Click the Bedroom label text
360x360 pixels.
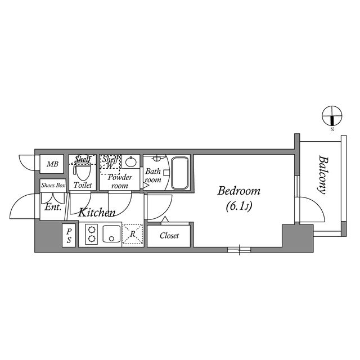point(239,191)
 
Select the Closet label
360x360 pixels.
point(169,236)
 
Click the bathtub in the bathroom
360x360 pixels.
point(180,173)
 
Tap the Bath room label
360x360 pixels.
point(152,175)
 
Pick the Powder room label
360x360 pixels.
point(120,181)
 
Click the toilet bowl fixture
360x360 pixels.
point(83,168)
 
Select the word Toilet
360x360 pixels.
point(83,184)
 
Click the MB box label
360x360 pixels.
point(52,164)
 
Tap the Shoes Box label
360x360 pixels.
point(53,184)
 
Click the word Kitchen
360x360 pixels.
point(97,213)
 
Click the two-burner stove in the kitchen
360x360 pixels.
point(91,235)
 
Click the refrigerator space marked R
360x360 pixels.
point(133,235)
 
